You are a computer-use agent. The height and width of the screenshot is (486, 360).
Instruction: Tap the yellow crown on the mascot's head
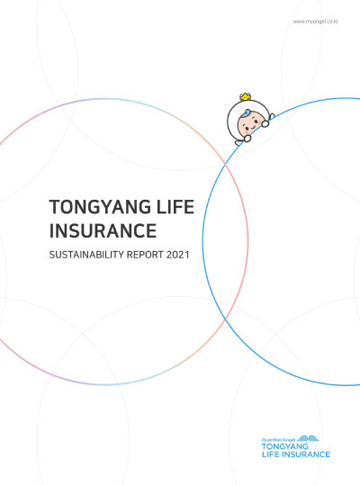(244, 97)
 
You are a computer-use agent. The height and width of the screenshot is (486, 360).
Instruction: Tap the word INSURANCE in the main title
(101, 231)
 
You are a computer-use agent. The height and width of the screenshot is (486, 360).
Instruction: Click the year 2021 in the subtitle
(178, 256)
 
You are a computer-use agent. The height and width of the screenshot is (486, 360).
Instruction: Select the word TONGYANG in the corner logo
(283, 446)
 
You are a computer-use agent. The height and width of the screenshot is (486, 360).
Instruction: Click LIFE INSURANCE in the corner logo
(294, 454)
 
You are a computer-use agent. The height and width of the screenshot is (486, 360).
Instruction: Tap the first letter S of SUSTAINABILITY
(51, 256)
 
